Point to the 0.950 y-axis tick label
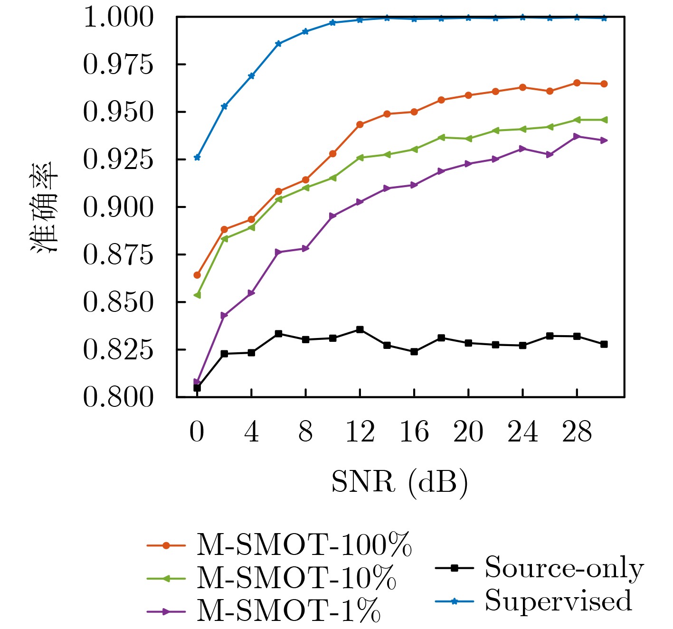[x=119, y=112]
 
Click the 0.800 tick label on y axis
[x=119, y=397]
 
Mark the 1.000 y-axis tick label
[x=119, y=18]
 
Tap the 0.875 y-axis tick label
[x=119, y=254]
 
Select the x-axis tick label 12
[x=360, y=432]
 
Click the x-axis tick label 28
[x=577, y=432]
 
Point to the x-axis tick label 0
[x=197, y=432]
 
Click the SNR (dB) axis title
[x=399, y=483]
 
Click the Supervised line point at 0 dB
[x=197, y=157]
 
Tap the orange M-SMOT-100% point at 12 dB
[x=360, y=124]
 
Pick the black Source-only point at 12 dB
[x=360, y=329]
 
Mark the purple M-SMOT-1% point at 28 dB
[x=577, y=136]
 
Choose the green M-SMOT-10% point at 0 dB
[x=197, y=295]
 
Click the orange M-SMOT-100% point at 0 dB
[x=197, y=275]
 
